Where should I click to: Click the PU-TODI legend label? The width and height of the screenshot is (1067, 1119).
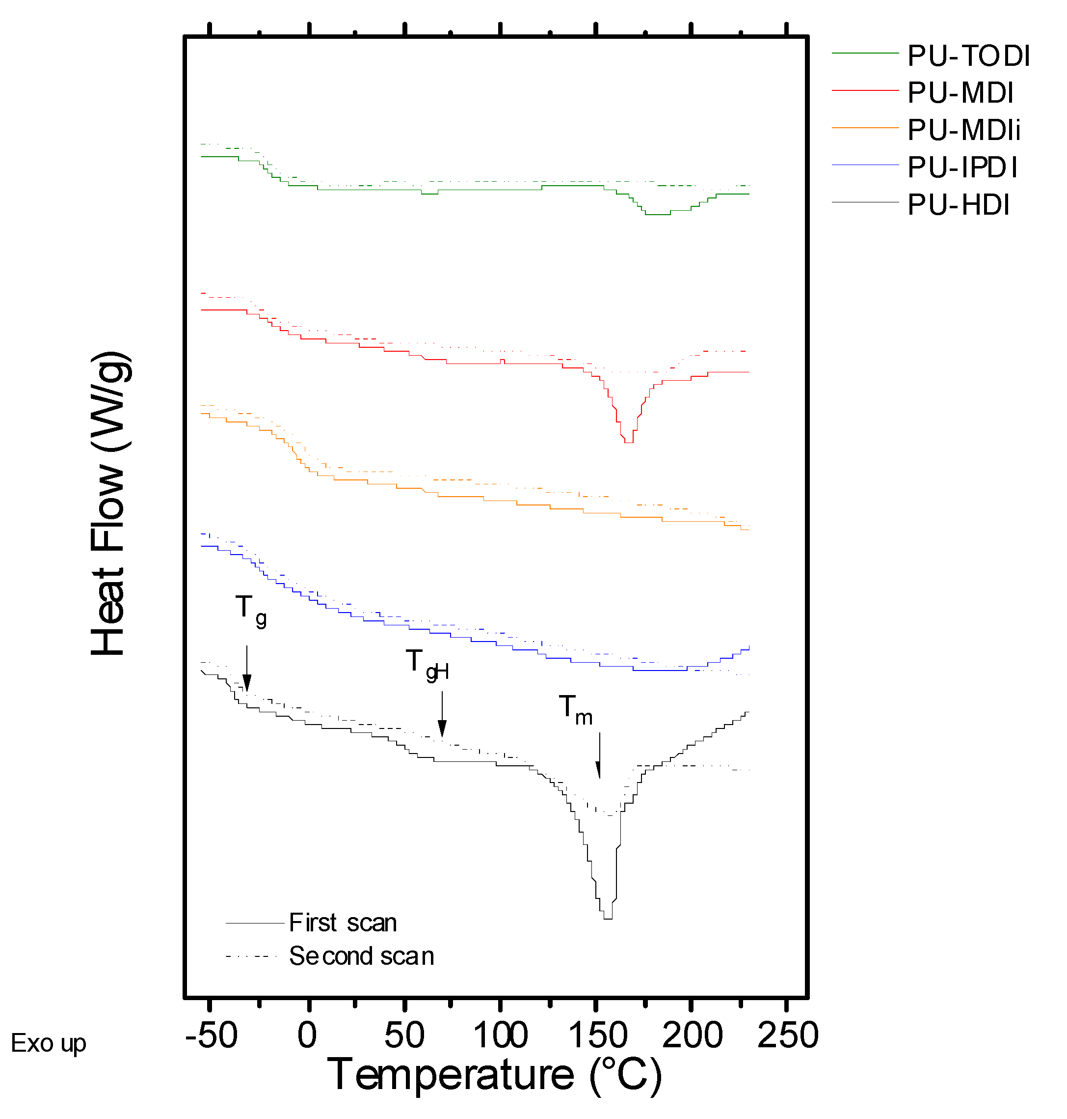click(x=968, y=56)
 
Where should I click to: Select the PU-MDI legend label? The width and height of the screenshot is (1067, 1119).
click(x=960, y=93)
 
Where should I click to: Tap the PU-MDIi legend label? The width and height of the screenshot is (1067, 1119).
click(x=963, y=130)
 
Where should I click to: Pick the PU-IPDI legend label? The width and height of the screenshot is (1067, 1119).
click(x=962, y=168)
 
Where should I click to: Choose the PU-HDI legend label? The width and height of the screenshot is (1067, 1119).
click(x=959, y=205)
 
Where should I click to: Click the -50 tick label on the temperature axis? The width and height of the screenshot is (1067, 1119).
click(x=211, y=1035)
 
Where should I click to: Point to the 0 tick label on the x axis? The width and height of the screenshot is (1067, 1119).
click(x=307, y=1035)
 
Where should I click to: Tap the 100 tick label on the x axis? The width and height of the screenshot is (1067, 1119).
click(x=501, y=1035)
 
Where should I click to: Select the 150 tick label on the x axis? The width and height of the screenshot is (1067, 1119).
click(x=597, y=1035)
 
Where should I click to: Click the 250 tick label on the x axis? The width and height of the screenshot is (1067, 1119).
click(x=788, y=1035)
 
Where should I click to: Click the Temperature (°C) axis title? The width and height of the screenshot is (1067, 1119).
click(x=494, y=1075)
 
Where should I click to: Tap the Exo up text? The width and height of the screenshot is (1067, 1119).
click(x=49, y=1043)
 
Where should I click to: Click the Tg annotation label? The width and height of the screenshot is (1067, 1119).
click(x=251, y=611)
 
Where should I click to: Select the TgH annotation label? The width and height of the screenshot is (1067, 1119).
click(x=427, y=665)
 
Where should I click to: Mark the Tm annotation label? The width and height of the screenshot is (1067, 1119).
click(x=576, y=710)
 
